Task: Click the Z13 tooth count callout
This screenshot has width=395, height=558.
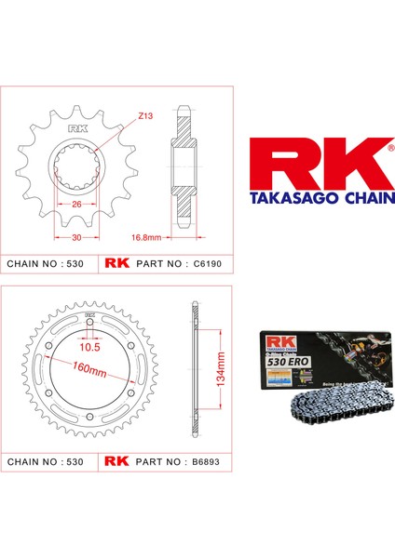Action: [146, 116]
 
